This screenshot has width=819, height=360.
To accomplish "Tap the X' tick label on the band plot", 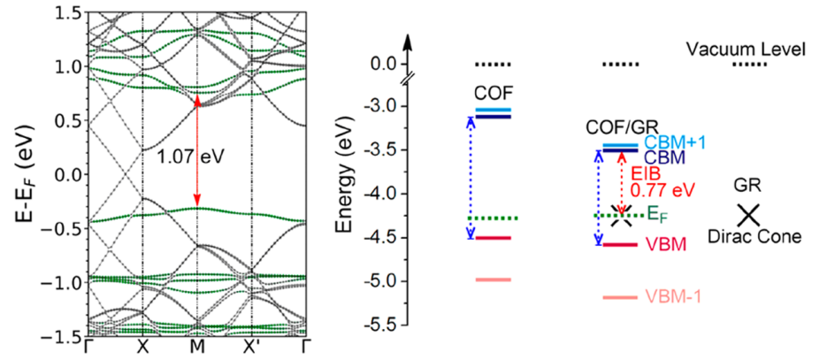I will (253, 348).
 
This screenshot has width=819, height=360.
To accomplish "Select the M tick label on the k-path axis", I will (197, 348).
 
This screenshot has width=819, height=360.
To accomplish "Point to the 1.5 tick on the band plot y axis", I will (65, 12).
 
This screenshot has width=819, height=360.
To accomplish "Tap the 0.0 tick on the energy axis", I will (382, 65).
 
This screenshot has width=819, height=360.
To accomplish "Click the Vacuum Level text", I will (746, 50).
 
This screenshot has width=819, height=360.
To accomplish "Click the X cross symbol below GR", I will (749, 214).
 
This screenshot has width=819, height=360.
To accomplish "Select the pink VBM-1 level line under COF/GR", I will (619, 297).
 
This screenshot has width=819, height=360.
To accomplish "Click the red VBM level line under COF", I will (494, 238).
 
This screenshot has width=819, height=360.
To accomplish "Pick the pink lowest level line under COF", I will (494, 280).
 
